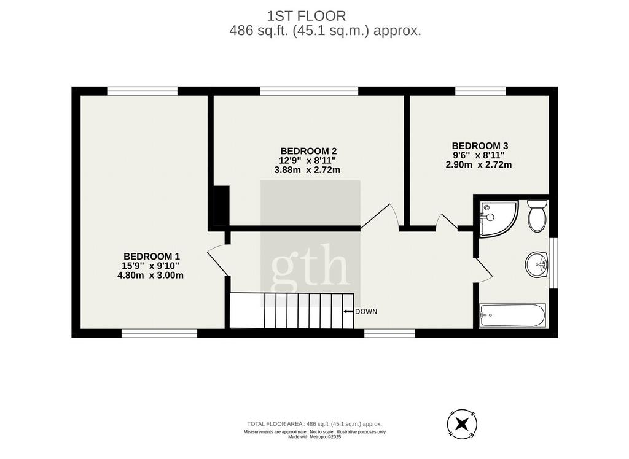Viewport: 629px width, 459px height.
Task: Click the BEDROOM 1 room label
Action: point(152,256)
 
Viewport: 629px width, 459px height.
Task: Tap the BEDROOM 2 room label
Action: point(308,151)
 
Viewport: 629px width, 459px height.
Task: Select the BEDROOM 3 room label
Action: point(480,146)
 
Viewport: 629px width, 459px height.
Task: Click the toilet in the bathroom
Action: point(537,216)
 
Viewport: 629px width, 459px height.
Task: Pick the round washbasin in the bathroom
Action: point(537,264)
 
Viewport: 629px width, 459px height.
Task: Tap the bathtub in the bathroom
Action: point(512,315)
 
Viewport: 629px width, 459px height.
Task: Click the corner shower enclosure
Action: point(498,218)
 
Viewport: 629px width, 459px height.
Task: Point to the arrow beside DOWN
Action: point(348,312)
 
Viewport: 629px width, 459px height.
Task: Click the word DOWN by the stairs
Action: point(366,312)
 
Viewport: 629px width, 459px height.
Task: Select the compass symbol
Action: point(462,423)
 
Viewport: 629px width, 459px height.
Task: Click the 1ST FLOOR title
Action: point(307,16)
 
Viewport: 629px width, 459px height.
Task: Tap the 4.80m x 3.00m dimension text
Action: point(150,276)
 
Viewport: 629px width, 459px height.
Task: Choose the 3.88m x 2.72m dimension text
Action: point(307,170)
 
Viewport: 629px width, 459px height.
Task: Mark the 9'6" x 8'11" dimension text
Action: point(479,155)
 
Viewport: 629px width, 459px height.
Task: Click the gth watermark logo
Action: point(310,264)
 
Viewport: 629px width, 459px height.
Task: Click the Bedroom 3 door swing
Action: point(447,222)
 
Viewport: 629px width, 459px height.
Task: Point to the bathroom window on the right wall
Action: point(553,263)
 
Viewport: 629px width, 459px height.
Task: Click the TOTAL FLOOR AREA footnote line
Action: point(314,424)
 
